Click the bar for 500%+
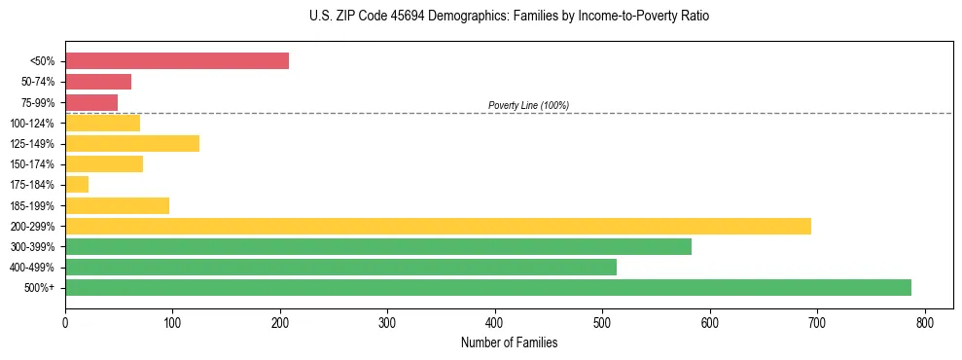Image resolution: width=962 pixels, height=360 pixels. (487, 287)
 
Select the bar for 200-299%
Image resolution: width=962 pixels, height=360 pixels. (438, 226)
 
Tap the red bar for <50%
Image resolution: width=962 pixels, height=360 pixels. (177, 61)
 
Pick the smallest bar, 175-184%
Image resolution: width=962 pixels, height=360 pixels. (77, 184)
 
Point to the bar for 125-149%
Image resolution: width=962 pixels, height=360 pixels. (132, 143)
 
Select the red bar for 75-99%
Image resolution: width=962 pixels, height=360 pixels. (91, 102)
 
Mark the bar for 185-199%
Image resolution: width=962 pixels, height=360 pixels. (117, 205)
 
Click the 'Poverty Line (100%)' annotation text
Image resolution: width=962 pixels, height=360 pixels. (528, 105)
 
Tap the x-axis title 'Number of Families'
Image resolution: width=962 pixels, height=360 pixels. (509, 342)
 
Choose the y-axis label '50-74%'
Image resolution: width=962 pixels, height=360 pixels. (38, 82)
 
